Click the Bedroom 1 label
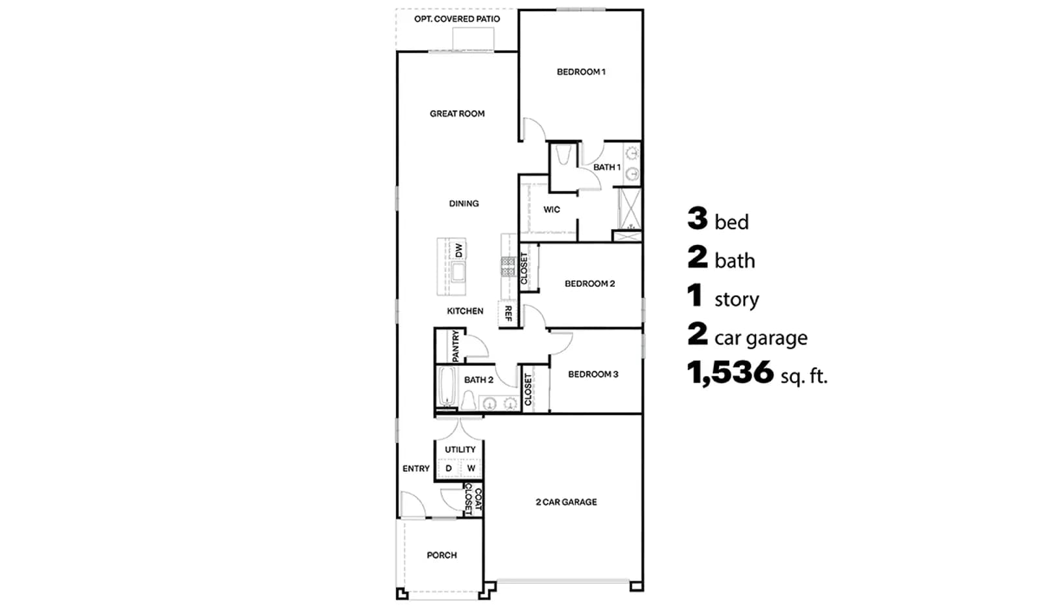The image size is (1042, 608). click(581, 72)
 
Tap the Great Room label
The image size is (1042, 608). click(457, 113)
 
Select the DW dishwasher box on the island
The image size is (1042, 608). click(458, 250)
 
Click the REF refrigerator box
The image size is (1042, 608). click(508, 313)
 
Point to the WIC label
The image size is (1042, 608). click(552, 209)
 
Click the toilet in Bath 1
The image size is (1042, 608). click(563, 155)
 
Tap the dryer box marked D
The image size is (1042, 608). click(449, 468)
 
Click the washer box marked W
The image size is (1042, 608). click(471, 468)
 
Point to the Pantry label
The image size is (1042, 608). click(455, 346)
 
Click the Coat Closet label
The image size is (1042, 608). click(473, 500)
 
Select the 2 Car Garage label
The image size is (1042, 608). click(566, 502)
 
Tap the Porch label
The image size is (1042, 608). click(442, 555)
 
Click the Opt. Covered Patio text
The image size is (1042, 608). click(457, 19)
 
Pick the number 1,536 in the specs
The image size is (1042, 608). click(730, 373)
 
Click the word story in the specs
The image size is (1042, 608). click(737, 299)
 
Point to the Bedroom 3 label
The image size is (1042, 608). click(593, 374)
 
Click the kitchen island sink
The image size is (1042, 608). click(458, 272)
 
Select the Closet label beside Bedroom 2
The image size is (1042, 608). click(524, 268)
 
